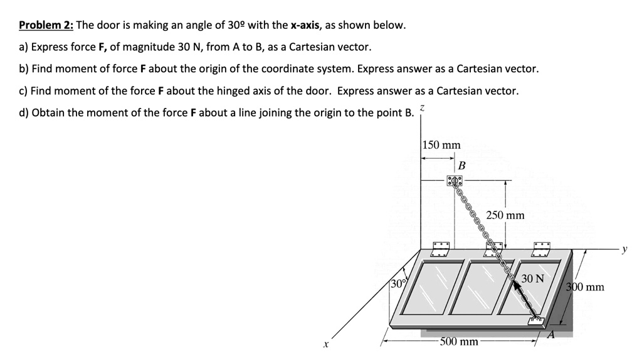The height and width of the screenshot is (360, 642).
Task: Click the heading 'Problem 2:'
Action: point(46,26)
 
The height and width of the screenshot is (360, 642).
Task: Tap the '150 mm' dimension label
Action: point(441,145)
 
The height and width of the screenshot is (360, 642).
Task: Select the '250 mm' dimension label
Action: point(505,216)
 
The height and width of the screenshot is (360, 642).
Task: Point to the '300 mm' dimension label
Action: point(585,287)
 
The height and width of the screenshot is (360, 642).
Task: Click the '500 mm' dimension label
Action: point(459,342)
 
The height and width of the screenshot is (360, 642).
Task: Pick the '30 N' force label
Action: point(533,278)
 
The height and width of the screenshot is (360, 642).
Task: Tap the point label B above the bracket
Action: point(461,166)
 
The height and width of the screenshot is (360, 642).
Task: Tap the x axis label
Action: point(325,344)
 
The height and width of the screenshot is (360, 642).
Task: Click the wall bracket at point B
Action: point(455,181)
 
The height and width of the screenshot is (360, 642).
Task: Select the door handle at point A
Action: point(535,321)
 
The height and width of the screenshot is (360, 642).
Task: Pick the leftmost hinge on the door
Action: point(440,247)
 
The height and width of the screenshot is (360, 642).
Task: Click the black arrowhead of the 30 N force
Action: point(517,285)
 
